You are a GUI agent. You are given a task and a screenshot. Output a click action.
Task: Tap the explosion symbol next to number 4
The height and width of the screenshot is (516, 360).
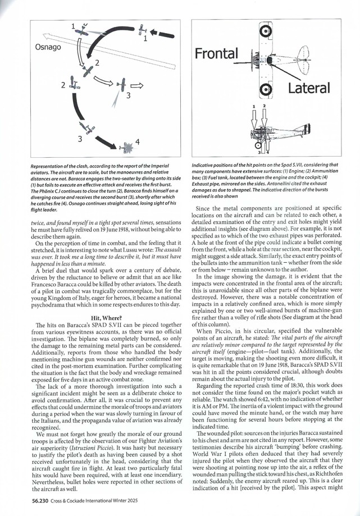pos(127,147)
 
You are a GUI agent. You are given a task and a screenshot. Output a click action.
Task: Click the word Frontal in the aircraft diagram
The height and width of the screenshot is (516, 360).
pos(216,53)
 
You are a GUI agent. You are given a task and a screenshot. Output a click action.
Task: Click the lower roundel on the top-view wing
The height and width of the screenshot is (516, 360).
pos(266,89)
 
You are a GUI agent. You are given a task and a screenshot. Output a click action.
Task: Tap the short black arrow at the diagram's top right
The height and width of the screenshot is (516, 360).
pos(162,35)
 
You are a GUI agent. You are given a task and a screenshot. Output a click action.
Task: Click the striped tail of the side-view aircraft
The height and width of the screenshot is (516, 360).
pos(306,131)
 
